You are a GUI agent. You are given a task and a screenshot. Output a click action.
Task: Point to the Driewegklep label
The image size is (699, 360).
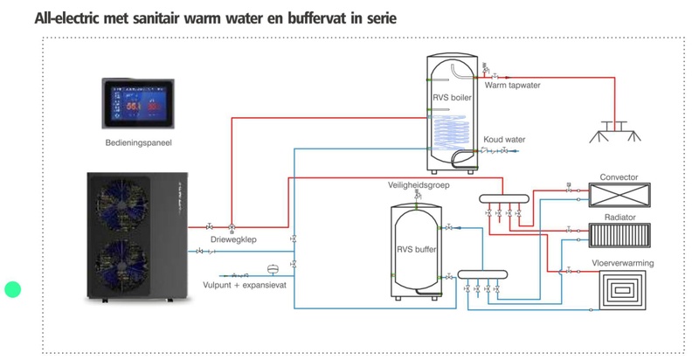click(232, 239)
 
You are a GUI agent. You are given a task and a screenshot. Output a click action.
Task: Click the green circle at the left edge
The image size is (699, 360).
click(12, 289)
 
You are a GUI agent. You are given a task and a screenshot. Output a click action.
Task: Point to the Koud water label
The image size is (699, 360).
click(504, 139)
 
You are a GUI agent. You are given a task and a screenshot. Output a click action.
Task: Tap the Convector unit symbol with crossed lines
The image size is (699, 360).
click(619, 192)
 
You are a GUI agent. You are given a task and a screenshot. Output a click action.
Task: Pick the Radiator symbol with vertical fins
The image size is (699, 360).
click(619, 234)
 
